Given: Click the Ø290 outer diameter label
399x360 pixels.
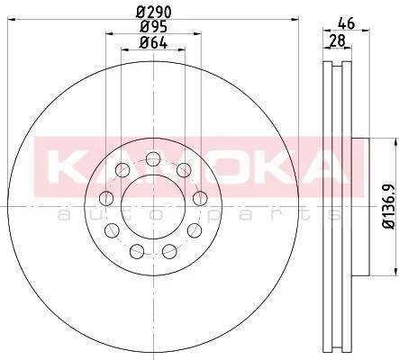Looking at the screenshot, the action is (x=153, y=12).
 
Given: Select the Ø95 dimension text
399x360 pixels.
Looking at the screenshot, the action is (x=153, y=27).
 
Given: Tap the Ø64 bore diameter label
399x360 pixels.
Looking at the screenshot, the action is (x=153, y=43).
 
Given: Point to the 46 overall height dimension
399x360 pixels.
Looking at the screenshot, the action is (x=346, y=23).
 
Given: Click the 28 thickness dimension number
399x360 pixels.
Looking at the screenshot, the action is (x=338, y=40).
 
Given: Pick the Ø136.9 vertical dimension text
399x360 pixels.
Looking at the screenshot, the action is (x=390, y=207).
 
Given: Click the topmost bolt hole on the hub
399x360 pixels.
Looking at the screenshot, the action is (x=153, y=158).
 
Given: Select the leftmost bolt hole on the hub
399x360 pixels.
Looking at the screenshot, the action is (x=106, y=199).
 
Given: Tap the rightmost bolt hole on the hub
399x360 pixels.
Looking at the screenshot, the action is (x=200, y=198).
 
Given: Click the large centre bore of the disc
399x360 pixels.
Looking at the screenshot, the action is (x=153, y=207).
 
